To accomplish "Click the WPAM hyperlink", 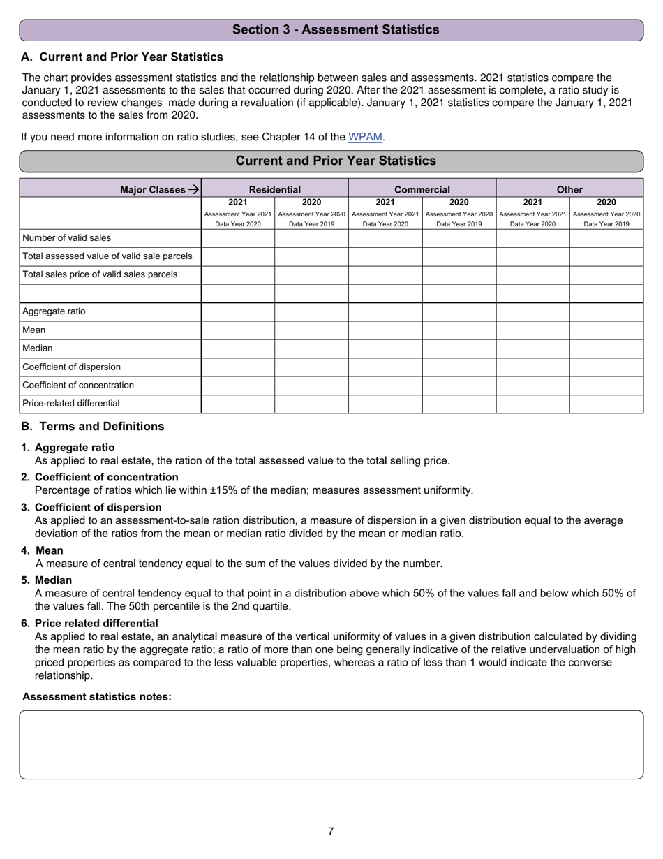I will [x=365, y=138].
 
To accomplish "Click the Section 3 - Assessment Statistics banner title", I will [x=336, y=29].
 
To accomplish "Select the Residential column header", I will [x=275, y=189].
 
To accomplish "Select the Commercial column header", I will [x=422, y=189].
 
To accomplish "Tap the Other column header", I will [x=569, y=189].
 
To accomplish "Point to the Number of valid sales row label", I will [x=66, y=238].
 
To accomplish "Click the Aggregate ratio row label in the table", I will [x=54, y=311].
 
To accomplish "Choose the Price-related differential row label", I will [x=70, y=404].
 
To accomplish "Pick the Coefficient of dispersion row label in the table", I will [x=71, y=367].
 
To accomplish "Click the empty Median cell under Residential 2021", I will [x=238, y=348].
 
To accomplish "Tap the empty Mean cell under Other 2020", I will [x=606, y=330].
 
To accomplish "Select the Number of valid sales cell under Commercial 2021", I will [x=385, y=238].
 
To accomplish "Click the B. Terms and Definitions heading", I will [x=93, y=427].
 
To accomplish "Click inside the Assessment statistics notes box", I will [x=331, y=744].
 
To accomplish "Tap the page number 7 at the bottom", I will [x=331, y=831].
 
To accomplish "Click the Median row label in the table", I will [x=38, y=348].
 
